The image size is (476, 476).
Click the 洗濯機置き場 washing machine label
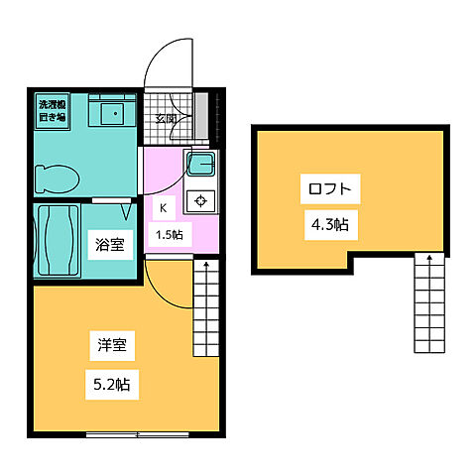(51, 109)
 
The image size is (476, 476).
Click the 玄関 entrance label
(166, 119)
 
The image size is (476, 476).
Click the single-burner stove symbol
(201, 200)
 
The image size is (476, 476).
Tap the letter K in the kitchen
(163, 209)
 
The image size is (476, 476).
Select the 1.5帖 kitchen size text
(169, 235)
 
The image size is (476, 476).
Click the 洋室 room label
(110, 347)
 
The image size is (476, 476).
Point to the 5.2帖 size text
(111, 380)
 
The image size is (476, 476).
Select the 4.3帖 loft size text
(327, 224)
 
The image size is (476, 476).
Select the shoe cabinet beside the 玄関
(202, 118)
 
